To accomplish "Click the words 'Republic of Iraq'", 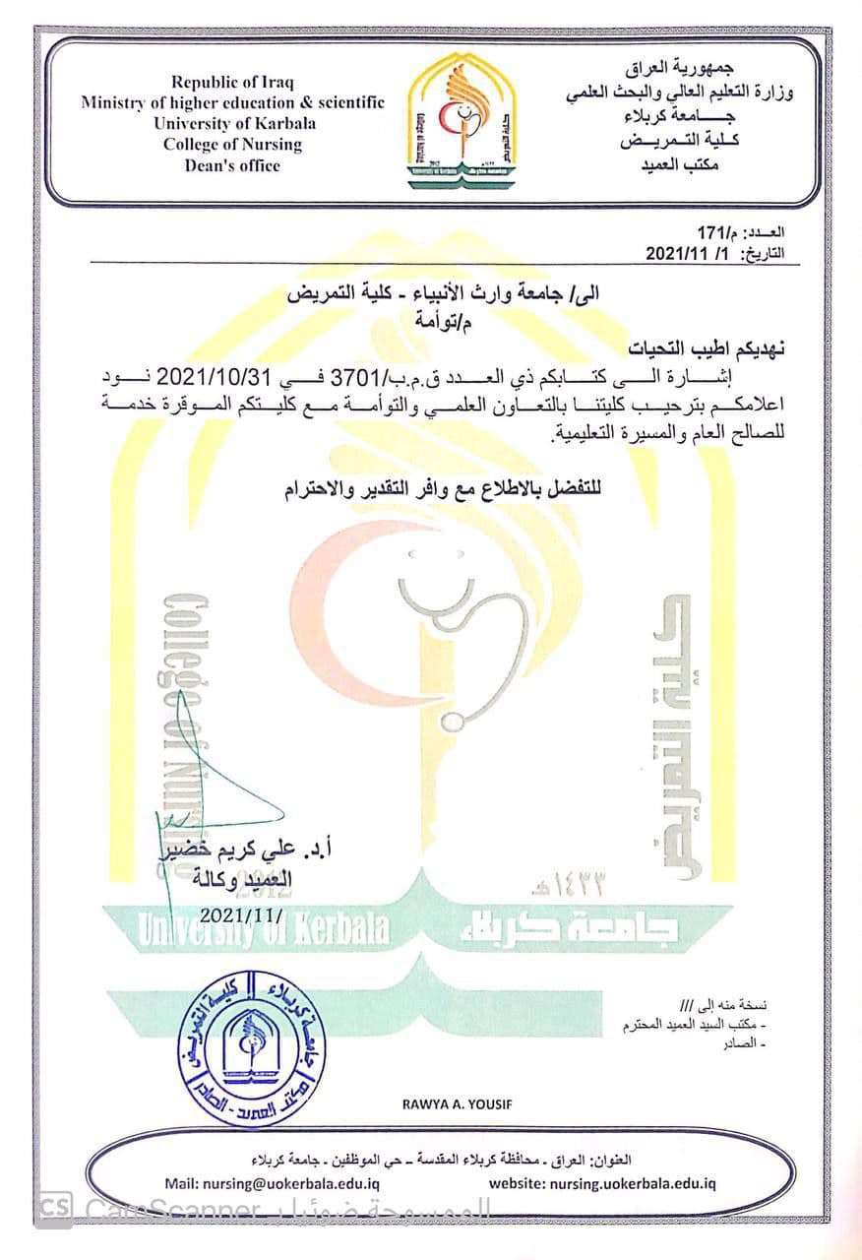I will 232,82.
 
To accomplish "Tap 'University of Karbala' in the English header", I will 233,123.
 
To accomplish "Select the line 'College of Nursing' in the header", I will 232,144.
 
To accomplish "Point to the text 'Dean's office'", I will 232,165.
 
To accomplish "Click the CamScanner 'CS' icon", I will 56,1208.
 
